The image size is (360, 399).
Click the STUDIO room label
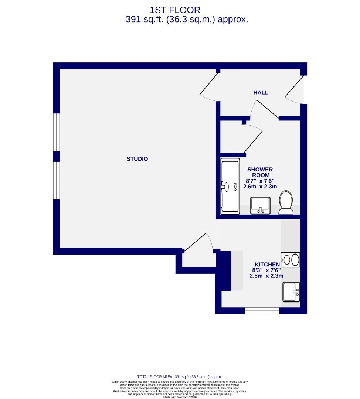(137, 159)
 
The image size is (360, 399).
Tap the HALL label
(261, 92)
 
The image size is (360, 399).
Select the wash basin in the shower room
(261, 205)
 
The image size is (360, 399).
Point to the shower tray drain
(235, 187)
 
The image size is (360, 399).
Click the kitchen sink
(291, 292)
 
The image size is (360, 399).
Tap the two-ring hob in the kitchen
(291, 260)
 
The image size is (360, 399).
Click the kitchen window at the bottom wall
(262, 311)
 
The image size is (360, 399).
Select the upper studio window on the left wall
(56, 132)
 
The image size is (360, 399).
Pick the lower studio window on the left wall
(56, 181)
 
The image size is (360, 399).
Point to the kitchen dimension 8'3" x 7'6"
(266, 270)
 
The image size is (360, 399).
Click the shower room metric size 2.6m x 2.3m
(260, 187)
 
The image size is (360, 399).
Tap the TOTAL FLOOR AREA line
(180, 376)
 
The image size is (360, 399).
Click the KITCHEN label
(266, 264)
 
